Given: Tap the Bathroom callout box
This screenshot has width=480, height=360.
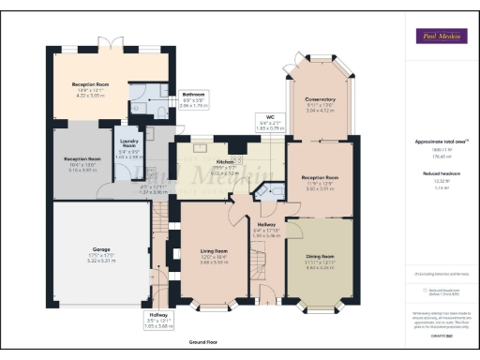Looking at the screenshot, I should point(194,99).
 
